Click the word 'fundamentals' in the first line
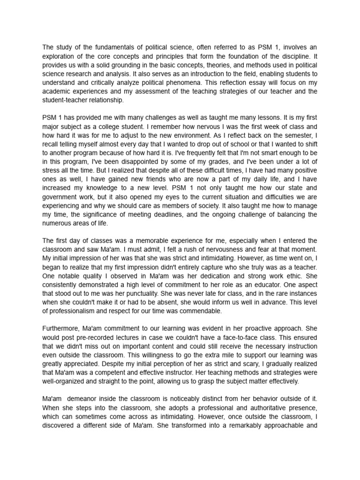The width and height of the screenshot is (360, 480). coord(108,47)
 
